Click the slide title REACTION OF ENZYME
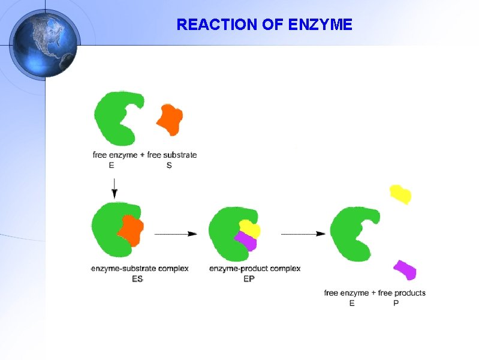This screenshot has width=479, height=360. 264,25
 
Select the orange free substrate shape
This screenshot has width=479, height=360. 169,119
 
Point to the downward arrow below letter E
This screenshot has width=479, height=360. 115,187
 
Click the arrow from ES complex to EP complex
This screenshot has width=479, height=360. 176,233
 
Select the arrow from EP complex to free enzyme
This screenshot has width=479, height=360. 303,233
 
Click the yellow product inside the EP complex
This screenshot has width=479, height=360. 249,228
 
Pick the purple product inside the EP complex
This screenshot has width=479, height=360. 245,241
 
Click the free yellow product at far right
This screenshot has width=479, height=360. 400,194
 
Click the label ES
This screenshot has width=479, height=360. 137,278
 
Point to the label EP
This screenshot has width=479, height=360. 249,278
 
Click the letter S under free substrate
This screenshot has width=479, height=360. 169,165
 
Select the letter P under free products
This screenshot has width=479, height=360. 396,303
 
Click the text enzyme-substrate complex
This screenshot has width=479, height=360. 140,268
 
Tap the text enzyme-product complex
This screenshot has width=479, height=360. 255,268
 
